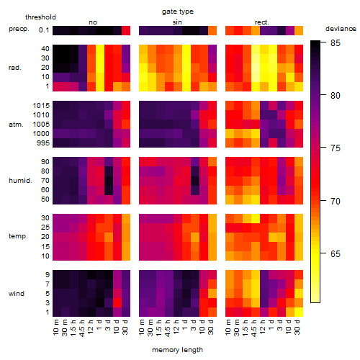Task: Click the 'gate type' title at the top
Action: coord(178,12)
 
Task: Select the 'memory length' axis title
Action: coord(177,350)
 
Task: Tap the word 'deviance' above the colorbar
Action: coord(341,29)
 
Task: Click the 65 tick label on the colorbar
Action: coord(336,254)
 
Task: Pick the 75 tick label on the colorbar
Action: coord(336,148)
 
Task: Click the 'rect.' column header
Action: coord(261,22)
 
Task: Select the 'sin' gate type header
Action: coord(177,22)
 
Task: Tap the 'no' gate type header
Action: coord(93,22)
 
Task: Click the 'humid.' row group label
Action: coord(20,181)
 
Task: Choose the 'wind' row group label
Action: coord(17,294)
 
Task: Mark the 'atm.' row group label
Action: coord(16,125)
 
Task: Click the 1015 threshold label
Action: coord(41,106)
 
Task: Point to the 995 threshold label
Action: coord(43,143)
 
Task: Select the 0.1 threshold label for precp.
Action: coord(44,30)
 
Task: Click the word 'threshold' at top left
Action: coord(40,17)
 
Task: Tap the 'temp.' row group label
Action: coord(18,236)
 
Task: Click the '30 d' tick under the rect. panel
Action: coord(297,327)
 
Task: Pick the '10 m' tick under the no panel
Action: coord(55,327)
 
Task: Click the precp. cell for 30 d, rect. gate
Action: coord(299,31)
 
